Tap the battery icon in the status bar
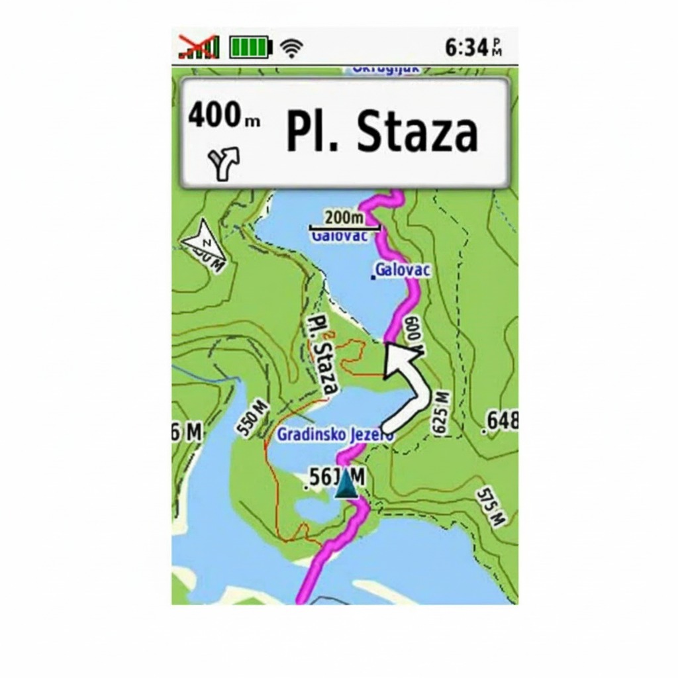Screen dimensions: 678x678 click(251, 48)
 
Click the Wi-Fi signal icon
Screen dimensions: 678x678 click(291, 48)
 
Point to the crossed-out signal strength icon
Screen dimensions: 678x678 click(199, 47)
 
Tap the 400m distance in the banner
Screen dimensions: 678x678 click(224, 117)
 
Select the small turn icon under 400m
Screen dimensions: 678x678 click(224, 163)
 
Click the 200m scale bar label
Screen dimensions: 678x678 click(344, 218)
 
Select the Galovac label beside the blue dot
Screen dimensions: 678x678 click(403, 270)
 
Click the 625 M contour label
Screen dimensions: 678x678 click(440, 412)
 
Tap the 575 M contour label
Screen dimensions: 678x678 click(491, 507)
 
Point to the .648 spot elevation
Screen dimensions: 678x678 click(502, 420)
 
